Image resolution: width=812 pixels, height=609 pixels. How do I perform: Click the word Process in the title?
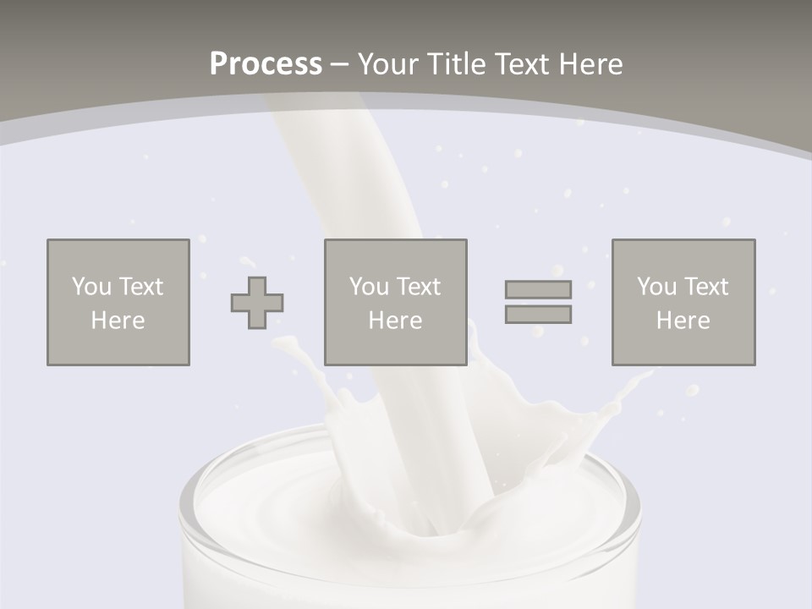pos(266,64)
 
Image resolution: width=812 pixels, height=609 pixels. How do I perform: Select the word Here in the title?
pos(590,64)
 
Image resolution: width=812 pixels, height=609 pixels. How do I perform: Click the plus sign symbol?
pos(257,302)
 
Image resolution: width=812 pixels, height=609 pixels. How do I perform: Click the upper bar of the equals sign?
pos(538,289)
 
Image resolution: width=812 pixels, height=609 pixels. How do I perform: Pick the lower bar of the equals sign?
pos(538,314)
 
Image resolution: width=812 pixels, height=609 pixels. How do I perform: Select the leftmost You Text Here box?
pos(118,302)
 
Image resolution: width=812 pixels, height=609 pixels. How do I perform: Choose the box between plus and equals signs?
pos(395,302)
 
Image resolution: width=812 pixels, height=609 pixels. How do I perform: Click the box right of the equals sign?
pos(683,302)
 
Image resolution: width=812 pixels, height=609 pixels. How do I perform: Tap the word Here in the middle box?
pos(395,321)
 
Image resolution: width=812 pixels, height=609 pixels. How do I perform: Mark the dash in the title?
pos(339,64)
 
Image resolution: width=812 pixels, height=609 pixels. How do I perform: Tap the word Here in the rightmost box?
pos(683,321)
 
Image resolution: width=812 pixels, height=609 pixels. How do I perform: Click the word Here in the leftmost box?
pos(118,321)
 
